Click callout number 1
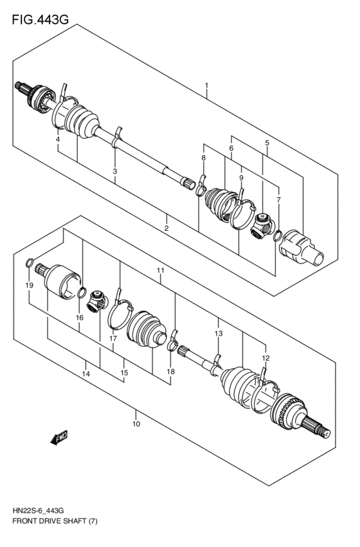[x=206, y=85]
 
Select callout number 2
[x=166, y=228]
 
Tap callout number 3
[x=114, y=172]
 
